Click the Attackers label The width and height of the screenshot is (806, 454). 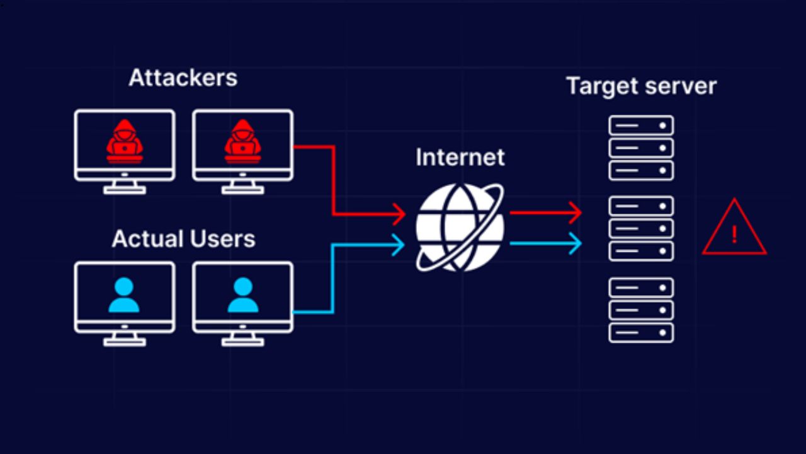pyautogui.click(x=183, y=78)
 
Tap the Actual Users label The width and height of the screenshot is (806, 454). pyautogui.click(x=183, y=239)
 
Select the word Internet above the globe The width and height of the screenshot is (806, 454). pyautogui.click(x=460, y=157)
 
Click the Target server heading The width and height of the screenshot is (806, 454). pyautogui.click(x=641, y=86)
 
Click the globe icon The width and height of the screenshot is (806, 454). pyautogui.click(x=460, y=227)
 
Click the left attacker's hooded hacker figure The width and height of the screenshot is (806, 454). pyautogui.click(x=124, y=141)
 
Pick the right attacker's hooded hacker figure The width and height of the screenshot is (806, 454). pyautogui.click(x=242, y=141)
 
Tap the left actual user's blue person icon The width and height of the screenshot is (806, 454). pyautogui.click(x=124, y=295)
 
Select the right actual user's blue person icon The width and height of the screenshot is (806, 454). pyautogui.click(x=242, y=295)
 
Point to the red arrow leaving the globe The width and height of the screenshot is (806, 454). pyautogui.click(x=545, y=212)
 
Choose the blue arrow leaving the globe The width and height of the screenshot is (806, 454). pyautogui.click(x=545, y=243)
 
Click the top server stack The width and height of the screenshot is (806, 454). pyautogui.click(x=641, y=148)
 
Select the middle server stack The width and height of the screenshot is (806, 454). pyautogui.click(x=641, y=228)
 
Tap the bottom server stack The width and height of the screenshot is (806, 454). pyautogui.click(x=641, y=310)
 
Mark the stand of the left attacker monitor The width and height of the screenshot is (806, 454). pyautogui.click(x=124, y=187)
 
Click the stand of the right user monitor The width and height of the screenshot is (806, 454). pyautogui.click(x=242, y=340)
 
